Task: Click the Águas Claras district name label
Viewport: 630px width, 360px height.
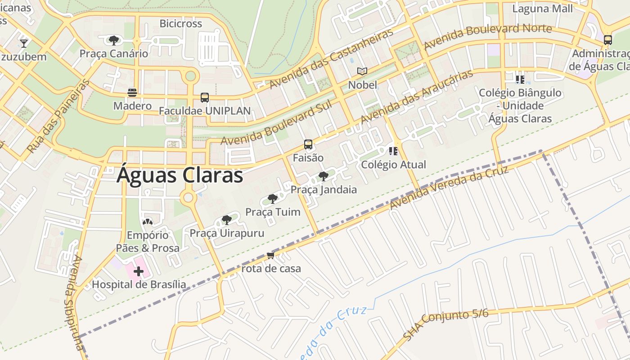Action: pyautogui.click(x=180, y=175)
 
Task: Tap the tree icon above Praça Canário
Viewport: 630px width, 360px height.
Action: pyautogui.click(x=114, y=40)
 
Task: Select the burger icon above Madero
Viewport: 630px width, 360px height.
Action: pyautogui.click(x=132, y=93)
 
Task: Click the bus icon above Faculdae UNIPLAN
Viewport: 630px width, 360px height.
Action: pyautogui.click(x=205, y=98)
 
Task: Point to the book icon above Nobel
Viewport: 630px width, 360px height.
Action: pyautogui.click(x=362, y=72)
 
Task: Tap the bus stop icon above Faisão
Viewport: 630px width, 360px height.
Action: pyautogui.click(x=308, y=144)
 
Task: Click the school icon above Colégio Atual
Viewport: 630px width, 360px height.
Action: pyautogui.click(x=393, y=151)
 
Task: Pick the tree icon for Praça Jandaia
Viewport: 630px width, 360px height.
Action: pyautogui.click(x=323, y=176)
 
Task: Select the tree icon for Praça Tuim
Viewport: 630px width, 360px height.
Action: pyautogui.click(x=272, y=199)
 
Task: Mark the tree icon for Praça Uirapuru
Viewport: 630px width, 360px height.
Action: pyautogui.click(x=227, y=220)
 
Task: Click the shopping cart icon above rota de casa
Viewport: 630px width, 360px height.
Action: pyautogui.click(x=270, y=256)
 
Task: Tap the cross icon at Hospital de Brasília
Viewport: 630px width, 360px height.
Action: pyautogui.click(x=139, y=271)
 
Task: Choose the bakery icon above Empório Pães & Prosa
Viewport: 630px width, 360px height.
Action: pyautogui.click(x=148, y=222)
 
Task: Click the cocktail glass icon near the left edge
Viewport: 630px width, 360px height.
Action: pyautogui.click(x=24, y=44)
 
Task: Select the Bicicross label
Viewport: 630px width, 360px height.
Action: pyautogui.click(x=181, y=23)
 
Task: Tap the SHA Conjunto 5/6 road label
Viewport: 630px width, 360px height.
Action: pyautogui.click(x=445, y=324)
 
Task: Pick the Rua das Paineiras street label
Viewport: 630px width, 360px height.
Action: pyautogui.click(x=58, y=116)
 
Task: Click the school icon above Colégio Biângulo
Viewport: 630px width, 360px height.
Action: pyautogui.click(x=520, y=80)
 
